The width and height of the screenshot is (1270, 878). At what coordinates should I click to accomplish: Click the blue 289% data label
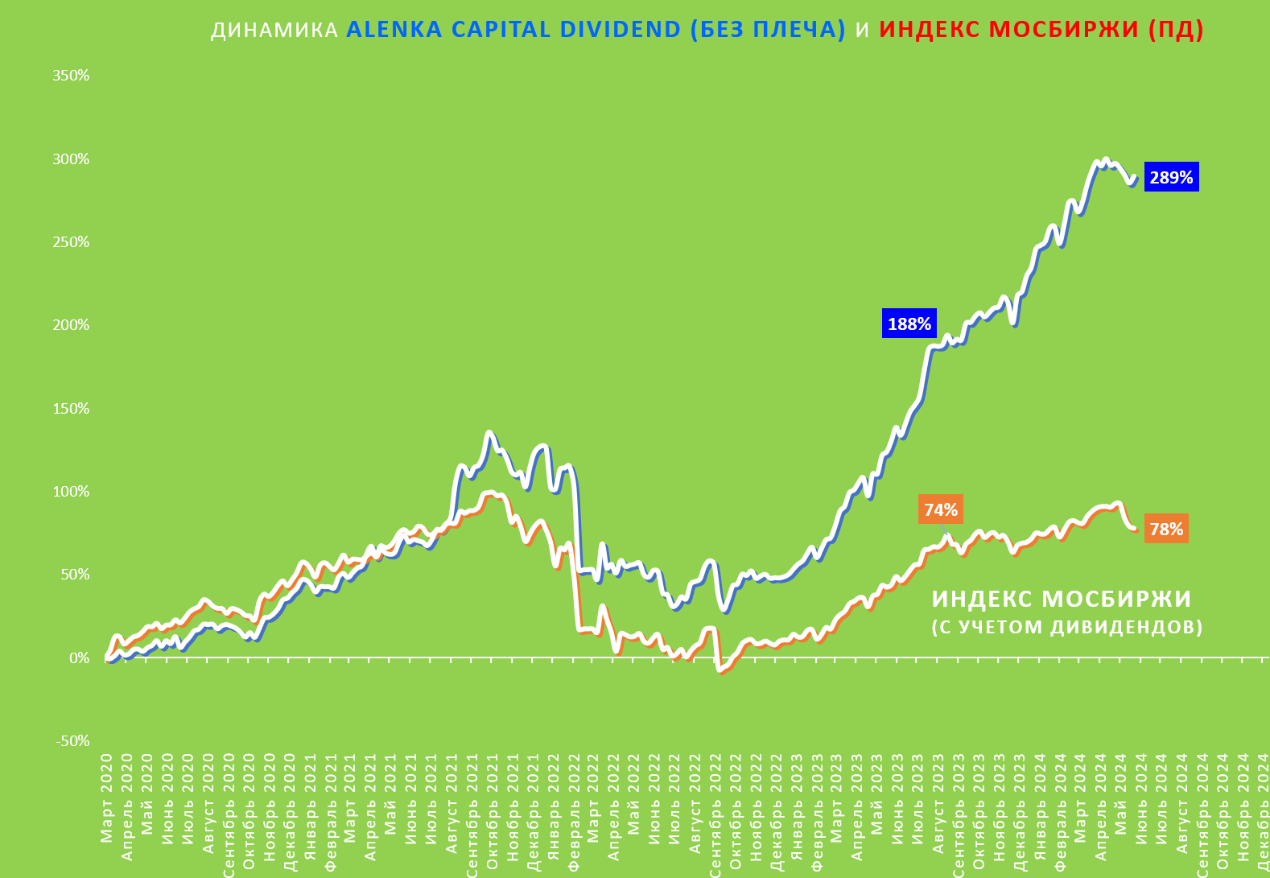pyautogui.click(x=1171, y=178)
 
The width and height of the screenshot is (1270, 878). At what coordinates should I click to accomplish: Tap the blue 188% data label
pyautogui.click(x=909, y=324)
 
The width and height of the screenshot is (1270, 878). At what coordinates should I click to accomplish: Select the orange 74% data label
pyautogui.click(x=940, y=510)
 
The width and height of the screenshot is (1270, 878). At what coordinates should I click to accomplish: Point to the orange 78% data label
pyautogui.click(x=1166, y=530)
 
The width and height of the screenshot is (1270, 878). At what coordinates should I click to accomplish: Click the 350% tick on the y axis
pyautogui.click(x=71, y=76)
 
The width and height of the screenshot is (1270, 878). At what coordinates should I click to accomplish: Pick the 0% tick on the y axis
pyautogui.click(x=79, y=658)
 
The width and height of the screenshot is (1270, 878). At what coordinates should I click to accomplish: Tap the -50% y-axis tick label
pyautogui.click(x=72, y=741)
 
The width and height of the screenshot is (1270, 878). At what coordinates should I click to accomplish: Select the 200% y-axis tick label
pyautogui.click(x=71, y=325)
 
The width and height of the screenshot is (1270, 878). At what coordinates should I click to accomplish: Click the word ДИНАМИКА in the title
pyautogui.click(x=274, y=30)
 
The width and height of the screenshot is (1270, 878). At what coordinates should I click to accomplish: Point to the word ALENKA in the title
pyautogui.click(x=394, y=30)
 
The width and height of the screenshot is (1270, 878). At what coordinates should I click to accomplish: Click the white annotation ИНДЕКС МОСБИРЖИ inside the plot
pyautogui.click(x=1062, y=600)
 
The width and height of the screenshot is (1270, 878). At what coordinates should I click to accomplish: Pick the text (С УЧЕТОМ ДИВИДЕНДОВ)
pyautogui.click(x=1067, y=627)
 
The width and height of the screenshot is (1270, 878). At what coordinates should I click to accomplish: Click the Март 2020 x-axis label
pyautogui.click(x=107, y=798)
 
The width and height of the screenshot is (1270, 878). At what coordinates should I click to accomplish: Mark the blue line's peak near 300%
pyautogui.click(x=1106, y=160)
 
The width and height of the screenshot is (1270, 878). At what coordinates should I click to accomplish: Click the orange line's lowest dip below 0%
pyautogui.click(x=720, y=670)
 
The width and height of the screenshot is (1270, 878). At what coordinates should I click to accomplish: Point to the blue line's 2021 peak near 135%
pyautogui.click(x=489, y=433)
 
